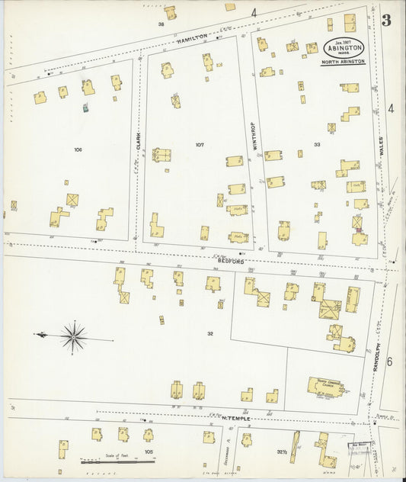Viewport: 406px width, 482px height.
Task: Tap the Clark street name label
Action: coord(139,140)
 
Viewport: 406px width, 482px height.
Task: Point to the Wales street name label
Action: coord(380,146)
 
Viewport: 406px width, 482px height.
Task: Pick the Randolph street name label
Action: coord(376,355)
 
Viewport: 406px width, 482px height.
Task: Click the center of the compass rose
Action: coord(74,335)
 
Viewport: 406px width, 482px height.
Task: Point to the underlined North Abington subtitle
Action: coord(342,62)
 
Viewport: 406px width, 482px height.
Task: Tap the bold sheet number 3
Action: coord(386,21)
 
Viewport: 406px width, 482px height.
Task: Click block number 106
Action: coord(77,149)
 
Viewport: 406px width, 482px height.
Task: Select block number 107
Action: coord(200,144)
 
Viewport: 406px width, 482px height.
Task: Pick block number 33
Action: coord(316,144)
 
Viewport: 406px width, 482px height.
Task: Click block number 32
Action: coord(209,333)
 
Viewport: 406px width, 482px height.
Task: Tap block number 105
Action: coord(148,452)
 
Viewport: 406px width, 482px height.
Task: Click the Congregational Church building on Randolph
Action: coord(325,386)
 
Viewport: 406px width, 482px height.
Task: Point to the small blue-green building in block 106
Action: coord(86,109)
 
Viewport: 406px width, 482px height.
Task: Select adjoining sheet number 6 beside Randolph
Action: coord(389,361)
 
